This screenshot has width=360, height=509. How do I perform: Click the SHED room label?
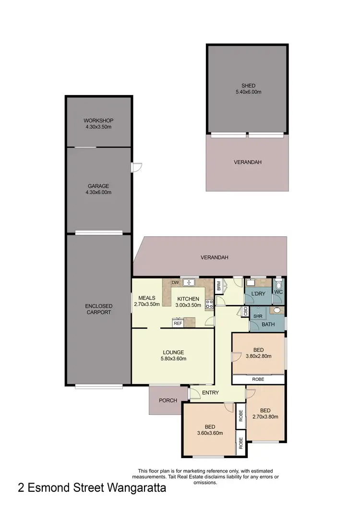pyautogui.click(x=248, y=86)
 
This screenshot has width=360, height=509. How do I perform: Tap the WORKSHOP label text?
pyautogui.click(x=98, y=121)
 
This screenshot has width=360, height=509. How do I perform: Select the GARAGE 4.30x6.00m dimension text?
pyautogui.click(x=98, y=193)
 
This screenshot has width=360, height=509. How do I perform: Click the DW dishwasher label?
pyautogui.click(x=175, y=282)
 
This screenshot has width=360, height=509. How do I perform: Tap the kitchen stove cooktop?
pyautogui.click(x=209, y=303)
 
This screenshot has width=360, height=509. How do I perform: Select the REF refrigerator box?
pyautogui.click(x=178, y=323)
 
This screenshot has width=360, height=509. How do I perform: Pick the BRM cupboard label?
pyautogui.click(x=219, y=286)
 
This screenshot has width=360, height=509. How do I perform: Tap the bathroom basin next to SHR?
pyautogui.click(x=276, y=311)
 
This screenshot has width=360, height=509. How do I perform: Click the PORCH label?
pyautogui.click(x=167, y=400)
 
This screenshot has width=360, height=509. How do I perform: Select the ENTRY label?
pyautogui.click(x=210, y=393)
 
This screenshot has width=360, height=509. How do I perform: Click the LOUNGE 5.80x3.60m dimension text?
pyautogui.click(x=173, y=358)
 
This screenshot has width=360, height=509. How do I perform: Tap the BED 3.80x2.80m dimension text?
pyautogui.click(x=259, y=356)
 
